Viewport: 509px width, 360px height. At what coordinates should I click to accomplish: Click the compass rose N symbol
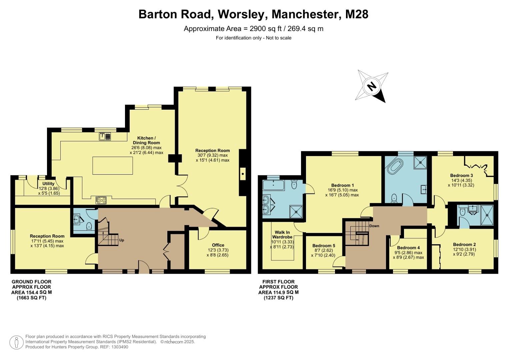coord(372,86)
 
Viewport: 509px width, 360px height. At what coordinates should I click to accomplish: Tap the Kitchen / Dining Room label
coord(146,140)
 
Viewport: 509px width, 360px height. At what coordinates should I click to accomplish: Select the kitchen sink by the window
coord(105,136)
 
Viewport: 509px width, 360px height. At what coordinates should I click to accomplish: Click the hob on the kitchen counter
coord(101,200)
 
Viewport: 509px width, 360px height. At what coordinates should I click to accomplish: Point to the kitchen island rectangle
coord(113,165)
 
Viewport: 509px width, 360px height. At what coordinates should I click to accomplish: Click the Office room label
coord(218,245)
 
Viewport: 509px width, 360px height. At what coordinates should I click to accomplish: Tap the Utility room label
coord(48,184)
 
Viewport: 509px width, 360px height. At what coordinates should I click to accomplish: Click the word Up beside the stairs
coord(122,240)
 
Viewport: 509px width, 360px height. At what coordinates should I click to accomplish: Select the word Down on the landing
coord(374,226)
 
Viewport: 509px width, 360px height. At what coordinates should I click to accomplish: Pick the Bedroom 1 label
coord(342,185)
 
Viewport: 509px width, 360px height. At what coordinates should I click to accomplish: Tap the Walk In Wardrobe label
coord(282,235)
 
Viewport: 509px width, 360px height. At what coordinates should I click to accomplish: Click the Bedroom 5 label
coord(324,246)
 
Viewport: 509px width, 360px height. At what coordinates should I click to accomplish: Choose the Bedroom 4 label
coord(408,248)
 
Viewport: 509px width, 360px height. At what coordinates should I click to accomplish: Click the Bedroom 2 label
coord(464,245)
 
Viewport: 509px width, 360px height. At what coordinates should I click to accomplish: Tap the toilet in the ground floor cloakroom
coord(89,226)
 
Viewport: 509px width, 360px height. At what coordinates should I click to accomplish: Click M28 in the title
coord(357,14)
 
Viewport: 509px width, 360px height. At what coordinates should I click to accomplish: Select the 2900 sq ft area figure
coord(265,29)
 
